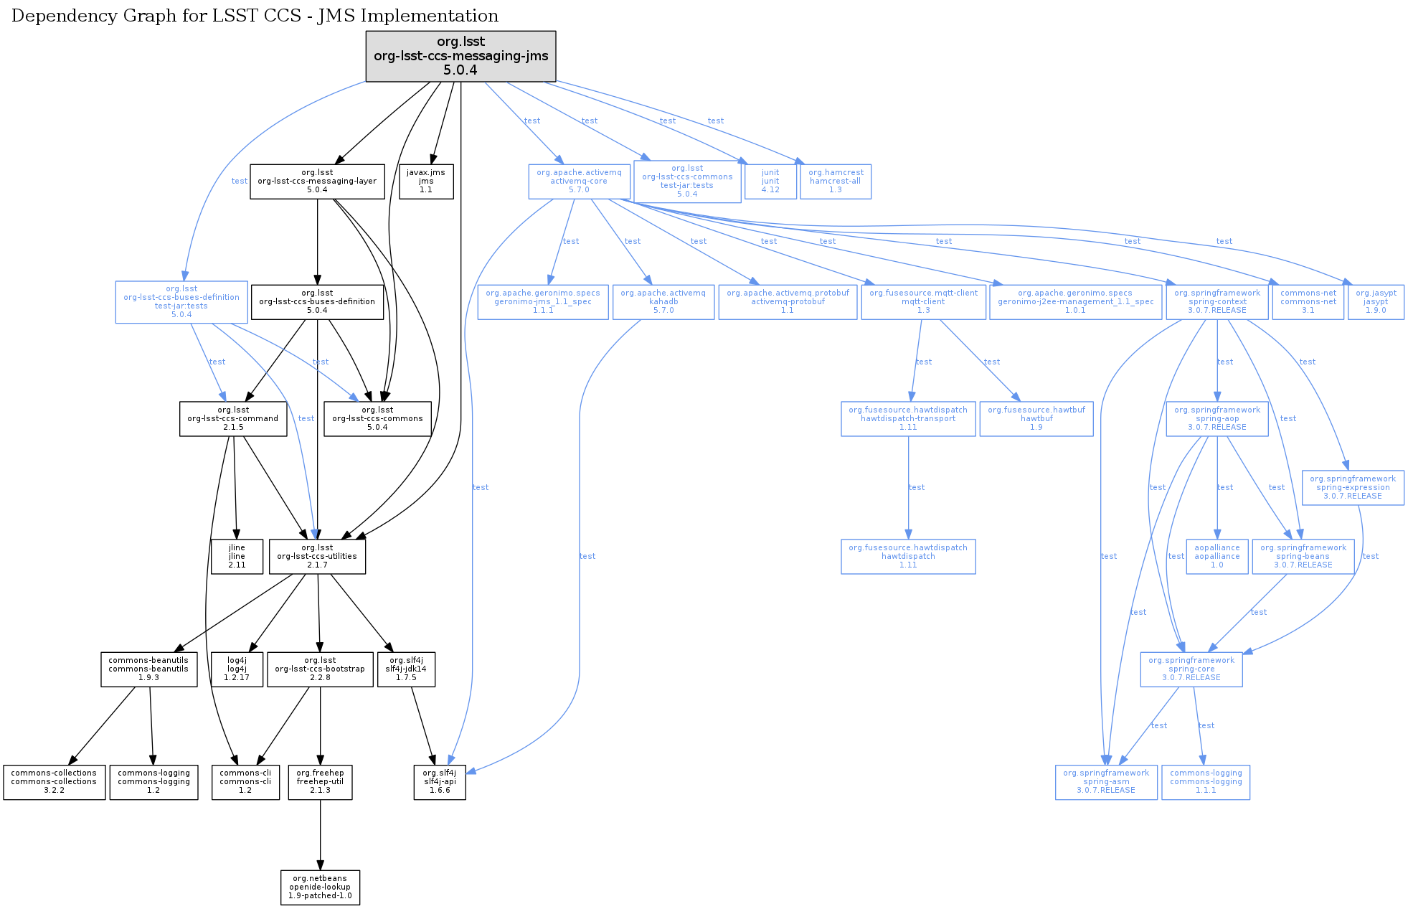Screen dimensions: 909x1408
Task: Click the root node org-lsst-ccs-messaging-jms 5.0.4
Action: [x=460, y=56]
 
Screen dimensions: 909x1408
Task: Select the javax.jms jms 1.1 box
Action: [x=426, y=182]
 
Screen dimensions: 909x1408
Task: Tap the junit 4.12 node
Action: [x=770, y=182]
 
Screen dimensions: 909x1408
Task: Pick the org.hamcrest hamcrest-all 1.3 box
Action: [x=836, y=182]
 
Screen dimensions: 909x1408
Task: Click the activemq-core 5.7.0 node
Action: [x=579, y=182]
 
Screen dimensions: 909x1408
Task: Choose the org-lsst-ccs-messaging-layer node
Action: [x=317, y=182]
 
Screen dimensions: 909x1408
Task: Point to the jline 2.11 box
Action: [x=237, y=556]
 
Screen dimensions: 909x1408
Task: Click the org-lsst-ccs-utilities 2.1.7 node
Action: [x=317, y=556]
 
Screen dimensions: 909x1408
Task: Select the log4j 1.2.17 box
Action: [x=237, y=669]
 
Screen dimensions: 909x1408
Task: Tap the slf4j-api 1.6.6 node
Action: [x=440, y=781]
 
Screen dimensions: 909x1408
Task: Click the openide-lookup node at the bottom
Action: [x=320, y=887]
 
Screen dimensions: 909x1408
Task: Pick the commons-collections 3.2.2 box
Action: [x=54, y=781]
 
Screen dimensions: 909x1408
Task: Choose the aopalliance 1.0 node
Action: [x=1216, y=556]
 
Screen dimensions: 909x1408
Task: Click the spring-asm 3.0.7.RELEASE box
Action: [x=1105, y=781]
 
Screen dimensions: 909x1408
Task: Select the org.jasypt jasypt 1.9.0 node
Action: [x=1376, y=302]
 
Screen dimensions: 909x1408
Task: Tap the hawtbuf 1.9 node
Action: [x=1036, y=418]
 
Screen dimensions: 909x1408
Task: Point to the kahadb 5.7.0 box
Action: [x=663, y=302]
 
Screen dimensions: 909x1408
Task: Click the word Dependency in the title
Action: [x=55, y=16]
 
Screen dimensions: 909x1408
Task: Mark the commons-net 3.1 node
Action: [x=1308, y=302]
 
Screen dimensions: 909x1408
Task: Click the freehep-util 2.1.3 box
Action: [x=320, y=781]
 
